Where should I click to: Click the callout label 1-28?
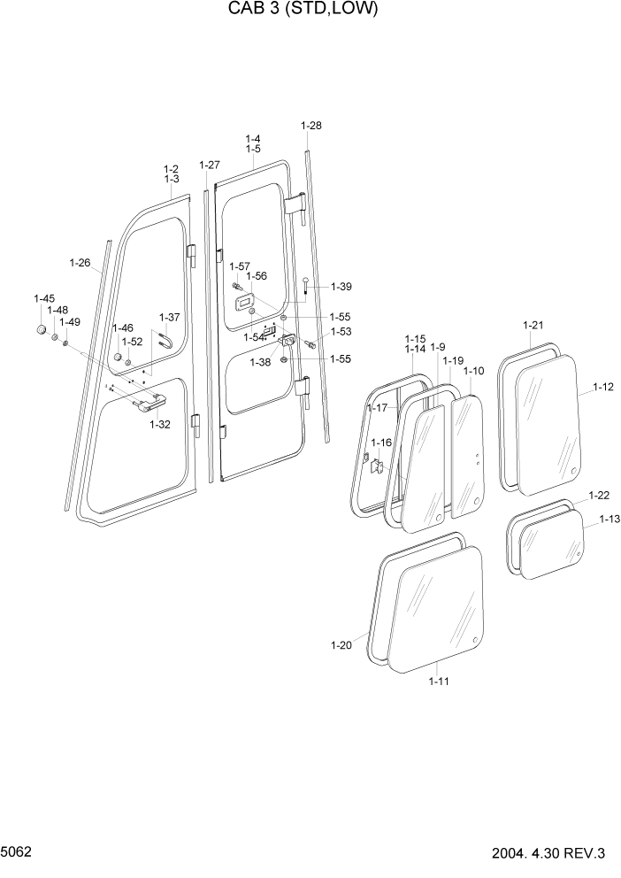(x=311, y=126)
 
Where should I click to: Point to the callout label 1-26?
(x=80, y=263)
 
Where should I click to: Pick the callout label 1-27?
(x=210, y=166)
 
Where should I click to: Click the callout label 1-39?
(x=341, y=287)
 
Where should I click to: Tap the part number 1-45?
(x=44, y=298)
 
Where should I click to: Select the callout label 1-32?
(x=159, y=425)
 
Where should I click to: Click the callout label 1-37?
(x=169, y=317)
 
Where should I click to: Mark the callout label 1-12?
(x=603, y=388)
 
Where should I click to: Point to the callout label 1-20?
(x=341, y=644)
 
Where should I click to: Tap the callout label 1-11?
(x=439, y=681)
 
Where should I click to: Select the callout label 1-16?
(x=380, y=443)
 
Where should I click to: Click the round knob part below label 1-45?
(x=41, y=331)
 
